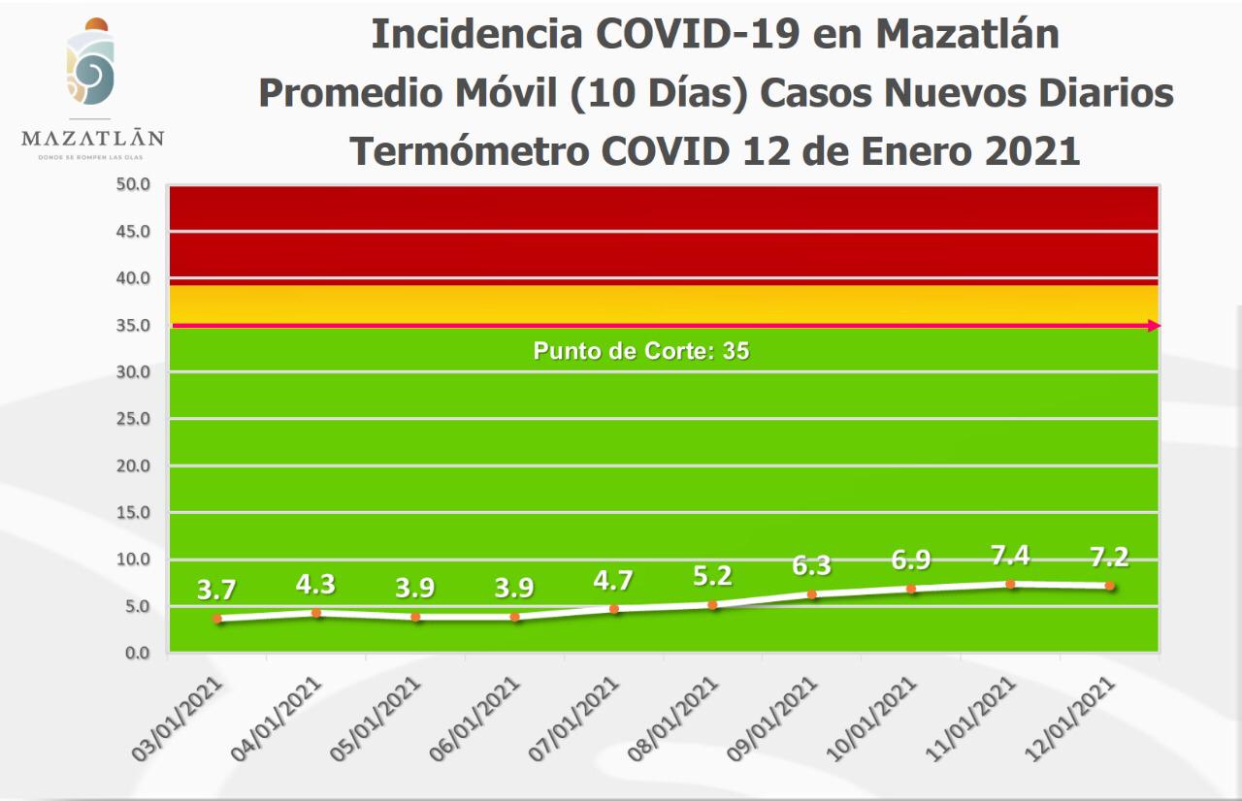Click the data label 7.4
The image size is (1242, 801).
1010,556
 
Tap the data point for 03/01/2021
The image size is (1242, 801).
217,618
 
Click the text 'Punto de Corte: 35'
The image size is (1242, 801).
641,351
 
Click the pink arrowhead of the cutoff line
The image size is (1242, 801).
1153,326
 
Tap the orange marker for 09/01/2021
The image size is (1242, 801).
812,594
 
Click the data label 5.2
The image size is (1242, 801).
713,576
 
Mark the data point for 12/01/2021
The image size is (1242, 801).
1109,586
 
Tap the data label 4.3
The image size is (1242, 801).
316,585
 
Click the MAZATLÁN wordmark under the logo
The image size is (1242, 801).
92,139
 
